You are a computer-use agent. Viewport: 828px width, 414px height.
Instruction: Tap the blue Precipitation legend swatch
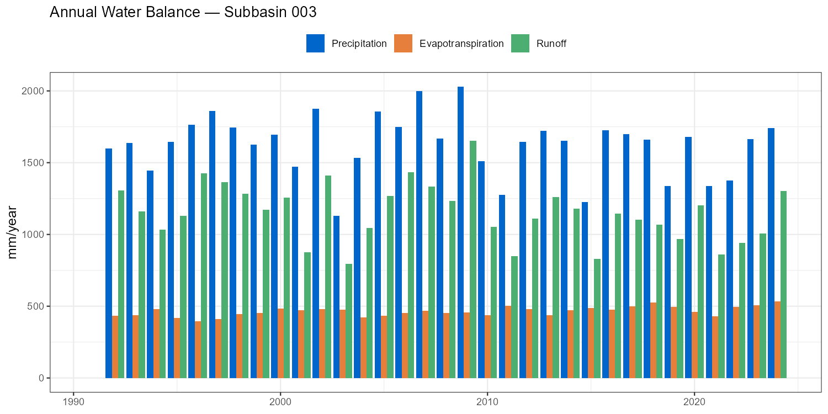(x=315, y=44)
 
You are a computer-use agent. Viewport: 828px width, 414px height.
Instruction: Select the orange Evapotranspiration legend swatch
(x=403, y=44)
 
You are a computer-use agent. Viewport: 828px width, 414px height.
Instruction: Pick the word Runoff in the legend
(x=551, y=44)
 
